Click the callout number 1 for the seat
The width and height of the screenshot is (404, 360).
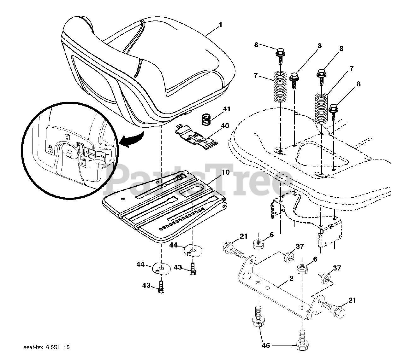[220, 25]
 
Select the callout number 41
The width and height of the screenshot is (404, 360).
[227, 109]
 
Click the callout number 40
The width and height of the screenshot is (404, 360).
[225, 125]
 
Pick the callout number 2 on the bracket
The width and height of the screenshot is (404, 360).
[291, 279]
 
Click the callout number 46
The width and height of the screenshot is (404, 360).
[266, 345]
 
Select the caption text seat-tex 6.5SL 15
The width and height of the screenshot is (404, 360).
[46, 347]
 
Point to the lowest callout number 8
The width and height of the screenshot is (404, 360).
[349, 84]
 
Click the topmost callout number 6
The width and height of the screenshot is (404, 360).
[271, 235]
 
